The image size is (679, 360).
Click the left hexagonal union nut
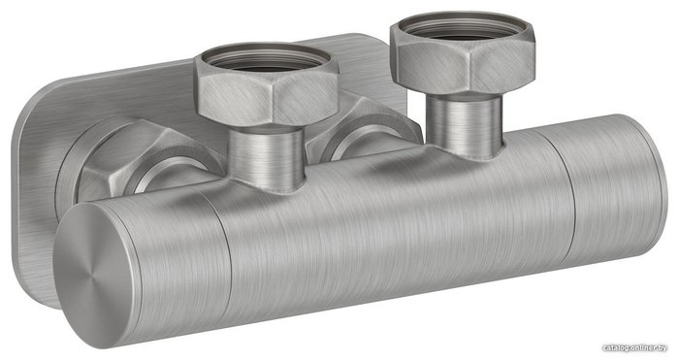coord(267,85)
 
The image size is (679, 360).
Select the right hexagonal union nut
coord(463,56)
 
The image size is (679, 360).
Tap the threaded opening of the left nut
coord(267,57)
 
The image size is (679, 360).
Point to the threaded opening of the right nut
coord(462,27)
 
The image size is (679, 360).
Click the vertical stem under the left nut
coord(267,158)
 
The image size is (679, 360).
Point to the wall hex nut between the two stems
coord(364,125)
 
